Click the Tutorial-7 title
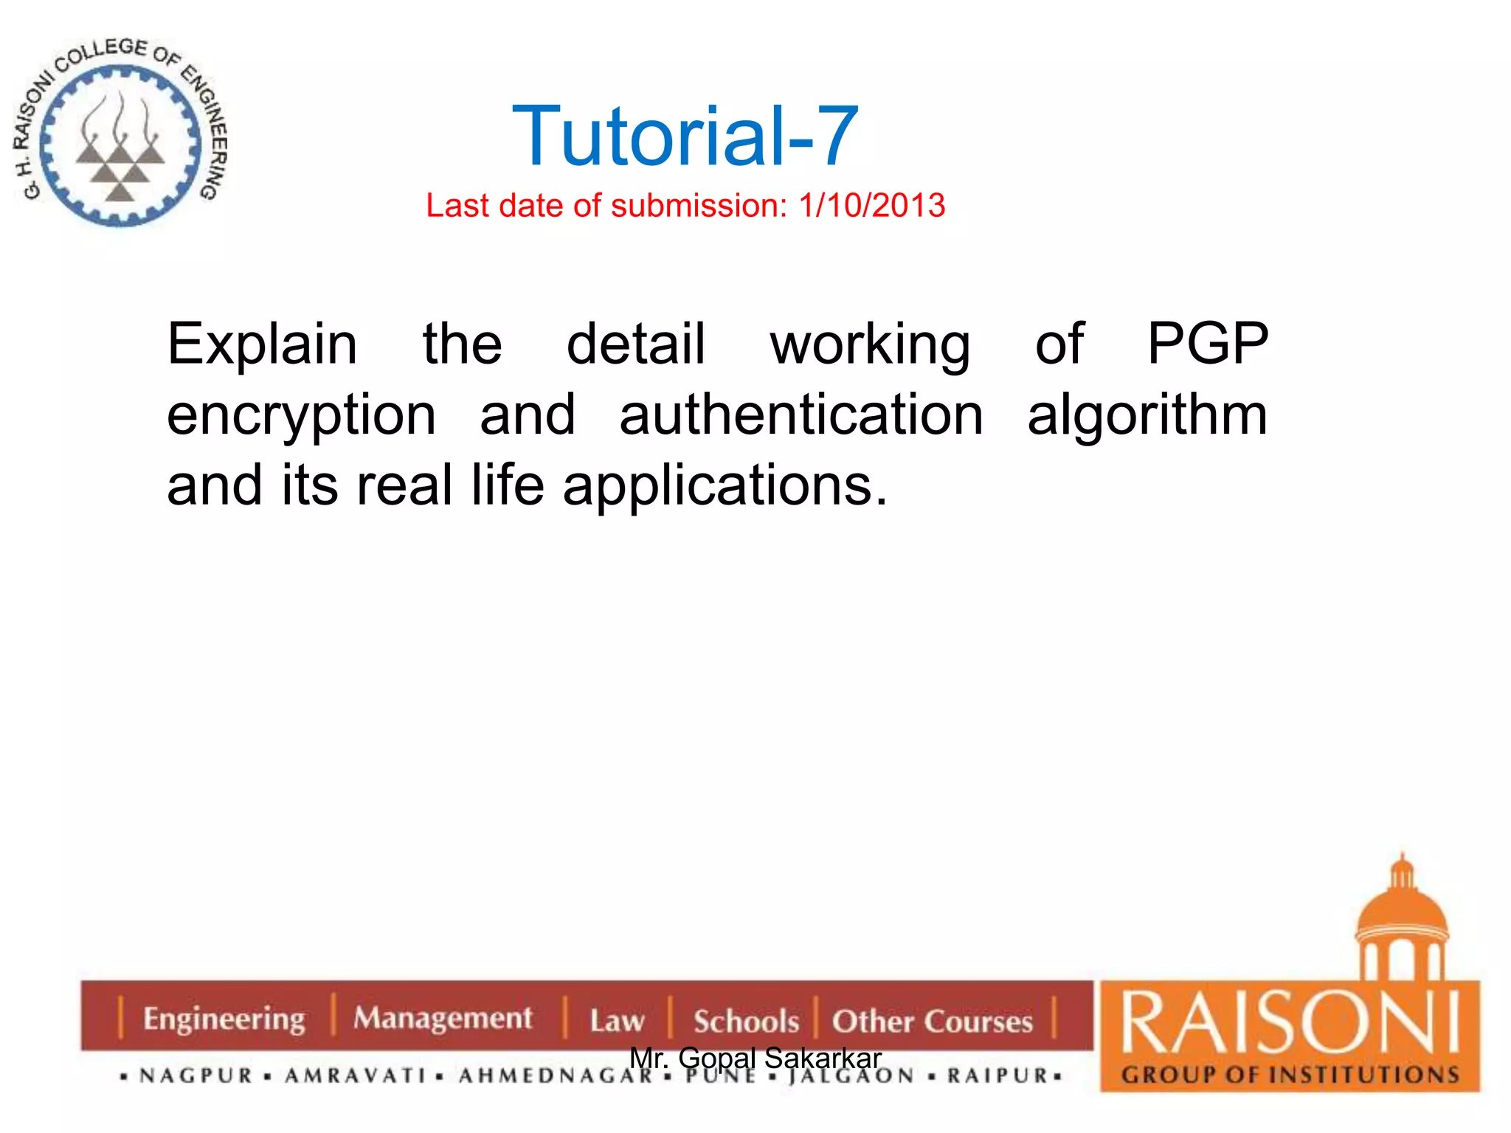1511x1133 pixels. tap(685, 136)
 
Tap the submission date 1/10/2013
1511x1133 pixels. tap(871, 205)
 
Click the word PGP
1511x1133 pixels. tap(1207, 344)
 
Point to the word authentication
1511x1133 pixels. tap(801, 415)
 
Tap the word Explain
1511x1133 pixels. tap(263, 345)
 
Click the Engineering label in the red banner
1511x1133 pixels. tap(224, 1019)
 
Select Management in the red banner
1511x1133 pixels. tap(443, 1019)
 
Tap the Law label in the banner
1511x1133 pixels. tap(617, 1021)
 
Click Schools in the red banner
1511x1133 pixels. tap(746, 1022)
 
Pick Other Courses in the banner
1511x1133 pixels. tap(933, 1022)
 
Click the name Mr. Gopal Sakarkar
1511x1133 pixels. tap(755, 1058)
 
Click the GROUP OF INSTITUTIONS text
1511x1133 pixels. tap(1290, 1075)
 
